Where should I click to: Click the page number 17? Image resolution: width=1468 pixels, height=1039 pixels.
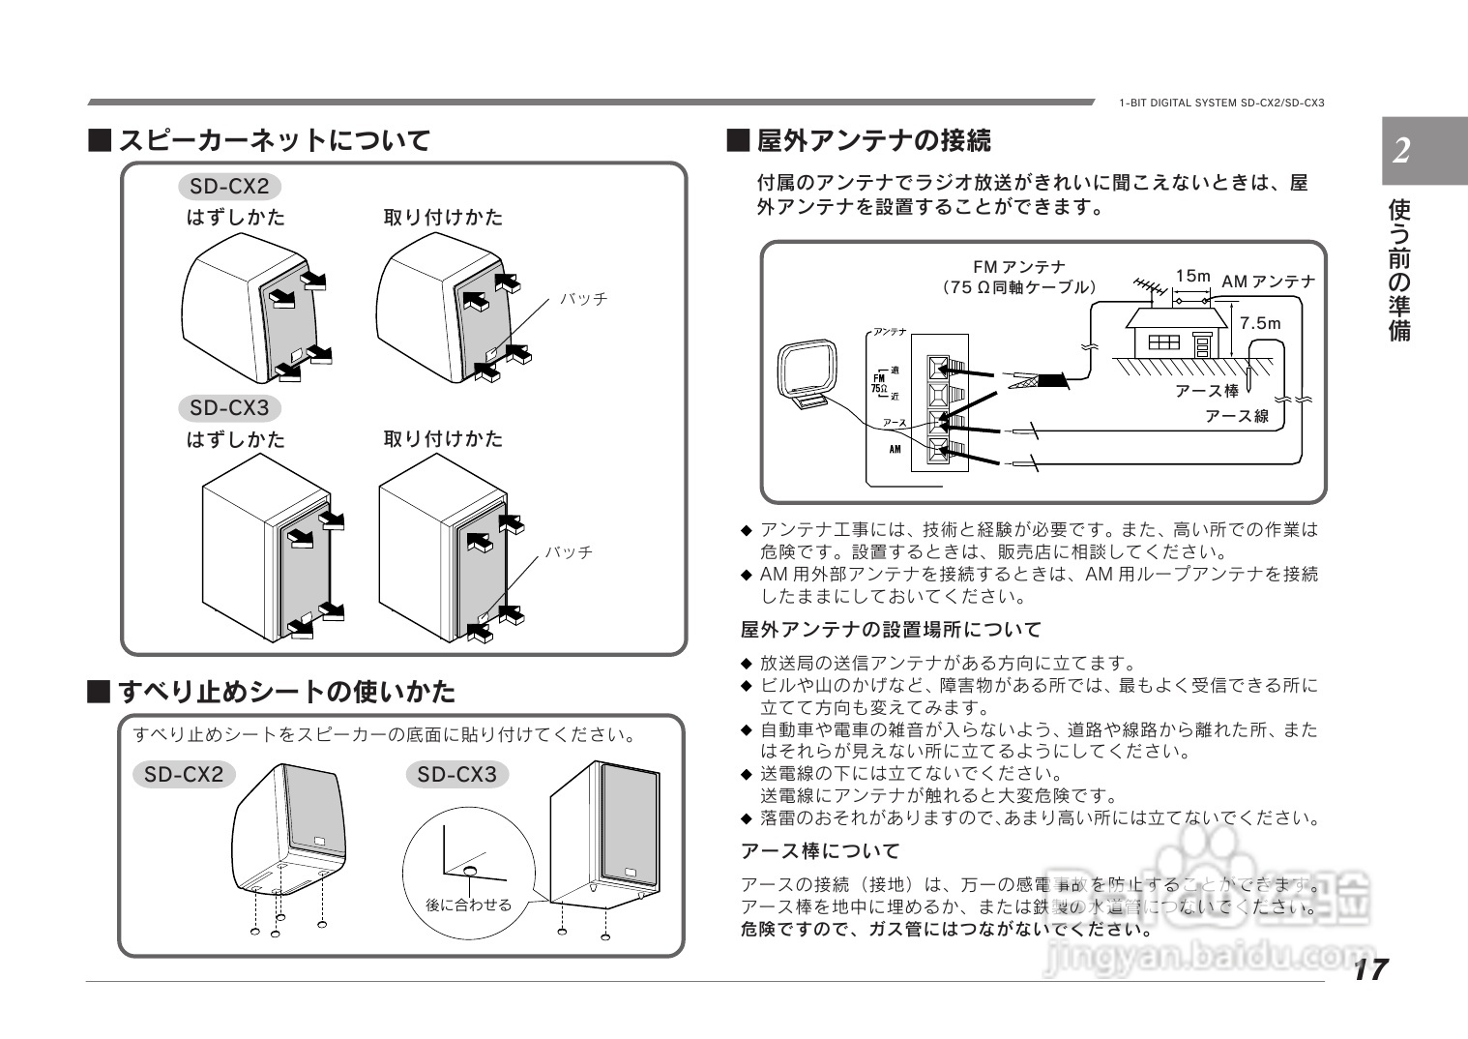click(x=1370, y=968)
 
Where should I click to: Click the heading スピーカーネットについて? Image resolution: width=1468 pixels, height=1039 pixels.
click(x=274, y=141)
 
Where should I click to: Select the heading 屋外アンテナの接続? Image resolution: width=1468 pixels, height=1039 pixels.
click(x=873, y=141)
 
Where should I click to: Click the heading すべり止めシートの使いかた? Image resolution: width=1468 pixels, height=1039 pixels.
click(x=286, y=692)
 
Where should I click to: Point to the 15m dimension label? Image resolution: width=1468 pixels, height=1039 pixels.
click(x=1193, y=276)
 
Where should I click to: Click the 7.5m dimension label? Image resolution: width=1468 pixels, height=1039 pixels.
click(x=1259, y=323)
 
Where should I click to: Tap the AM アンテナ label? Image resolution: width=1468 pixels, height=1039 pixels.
click(x=1268, y=282)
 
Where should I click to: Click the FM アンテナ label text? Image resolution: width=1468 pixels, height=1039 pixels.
click(x=1019, y=267)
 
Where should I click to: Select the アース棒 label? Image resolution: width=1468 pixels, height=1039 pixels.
click(x=1206, y=391)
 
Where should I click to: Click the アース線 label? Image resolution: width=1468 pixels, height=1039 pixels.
click(x=1236, y=416)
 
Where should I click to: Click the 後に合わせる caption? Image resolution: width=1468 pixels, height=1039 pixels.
click(x=468, y=905)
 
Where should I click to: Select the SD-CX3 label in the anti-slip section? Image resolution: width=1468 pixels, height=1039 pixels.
click(x=456, y=775)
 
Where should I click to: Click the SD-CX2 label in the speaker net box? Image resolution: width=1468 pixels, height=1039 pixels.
click(x=229, y=186)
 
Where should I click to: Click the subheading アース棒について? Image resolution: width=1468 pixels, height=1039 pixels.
click(x=820, y=851)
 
